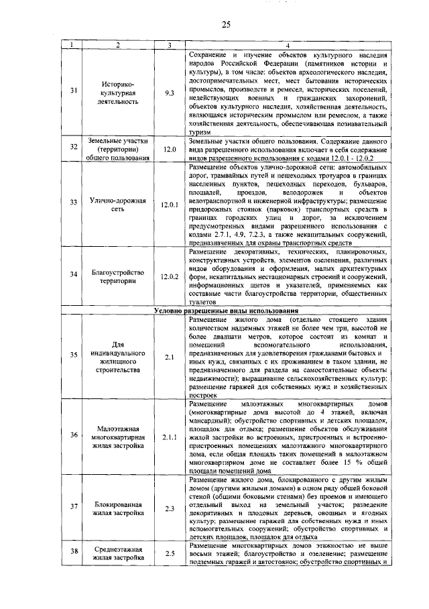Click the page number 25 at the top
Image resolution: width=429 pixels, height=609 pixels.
click(x=226, y=25)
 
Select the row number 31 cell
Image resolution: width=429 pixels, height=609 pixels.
click(x=73, y=90)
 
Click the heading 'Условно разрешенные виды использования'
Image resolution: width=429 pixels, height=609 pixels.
click(x=226, y=312)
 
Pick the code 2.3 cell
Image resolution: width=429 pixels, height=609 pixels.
click(x=169, y=507)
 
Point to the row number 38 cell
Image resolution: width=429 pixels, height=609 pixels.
click(x=73, y=553)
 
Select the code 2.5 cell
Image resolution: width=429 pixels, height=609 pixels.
click(x=169, y=553)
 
